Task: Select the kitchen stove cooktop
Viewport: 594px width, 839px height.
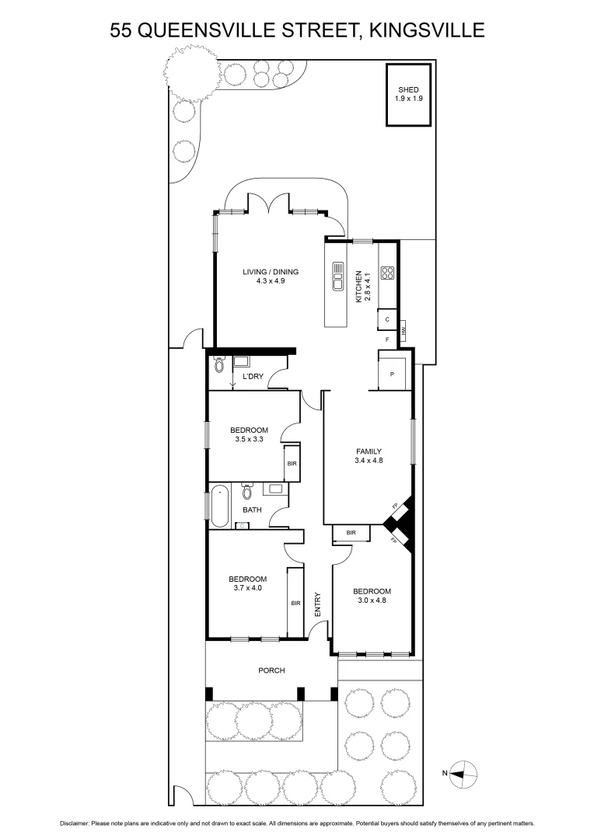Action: [387, 273]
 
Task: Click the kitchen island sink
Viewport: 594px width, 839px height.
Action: [338, 276]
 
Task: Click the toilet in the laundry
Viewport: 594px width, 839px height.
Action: [219, 365]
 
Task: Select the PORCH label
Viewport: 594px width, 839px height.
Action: [271, 670]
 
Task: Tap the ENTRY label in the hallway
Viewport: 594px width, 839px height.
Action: [317, 604]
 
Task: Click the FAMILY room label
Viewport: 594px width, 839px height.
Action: [369, 451]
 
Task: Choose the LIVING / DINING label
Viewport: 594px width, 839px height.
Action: [271, 272]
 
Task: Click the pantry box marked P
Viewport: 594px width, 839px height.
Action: [392, 373]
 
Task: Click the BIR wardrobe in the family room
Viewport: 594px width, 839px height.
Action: [351, 532]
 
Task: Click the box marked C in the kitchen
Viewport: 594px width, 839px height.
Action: [386, 319]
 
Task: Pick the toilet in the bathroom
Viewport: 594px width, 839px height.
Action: [247, 492]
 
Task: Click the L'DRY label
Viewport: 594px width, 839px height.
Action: [251, 376]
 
